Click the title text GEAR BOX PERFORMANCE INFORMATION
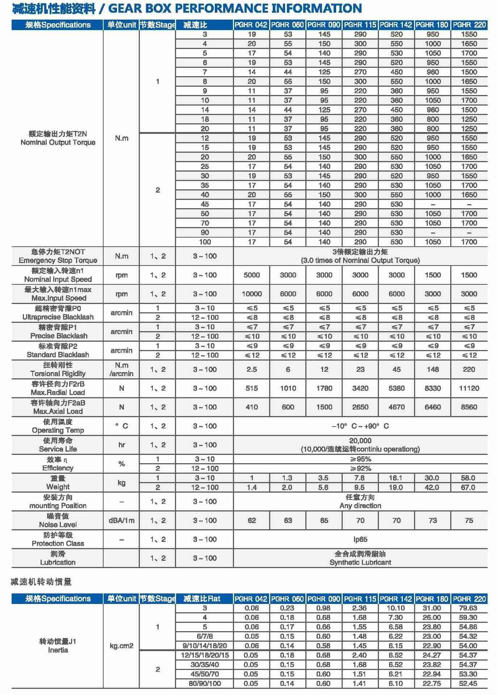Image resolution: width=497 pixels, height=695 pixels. click(235, 8)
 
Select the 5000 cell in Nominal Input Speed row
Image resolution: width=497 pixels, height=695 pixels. click(251, 275)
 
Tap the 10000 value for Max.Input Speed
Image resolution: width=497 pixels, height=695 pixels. click(251, 294)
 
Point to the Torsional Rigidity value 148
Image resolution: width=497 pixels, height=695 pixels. click(433, 369)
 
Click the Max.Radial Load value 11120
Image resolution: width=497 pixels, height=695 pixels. click(469, 388)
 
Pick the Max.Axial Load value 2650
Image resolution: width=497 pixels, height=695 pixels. click(360, 407)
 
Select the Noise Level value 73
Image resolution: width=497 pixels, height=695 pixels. click(433, 521)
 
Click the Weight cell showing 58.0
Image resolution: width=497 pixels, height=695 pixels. click(468, 478)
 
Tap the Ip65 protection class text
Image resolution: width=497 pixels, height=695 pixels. click(360, 539)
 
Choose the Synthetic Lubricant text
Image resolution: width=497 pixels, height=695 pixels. click(360, 562)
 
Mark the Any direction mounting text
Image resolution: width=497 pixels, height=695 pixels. click(360, 506)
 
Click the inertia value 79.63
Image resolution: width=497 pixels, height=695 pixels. click(468, 608)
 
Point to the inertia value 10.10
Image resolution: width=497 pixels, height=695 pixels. click(396, 608)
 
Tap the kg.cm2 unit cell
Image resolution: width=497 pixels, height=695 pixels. click(121, 646)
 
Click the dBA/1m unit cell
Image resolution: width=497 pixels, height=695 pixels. click(121, 521)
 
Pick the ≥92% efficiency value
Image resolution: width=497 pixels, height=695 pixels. click(360, 469)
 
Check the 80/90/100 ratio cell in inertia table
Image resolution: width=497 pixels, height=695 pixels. click(205, 683)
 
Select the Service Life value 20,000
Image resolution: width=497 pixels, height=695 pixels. click(360, 441)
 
